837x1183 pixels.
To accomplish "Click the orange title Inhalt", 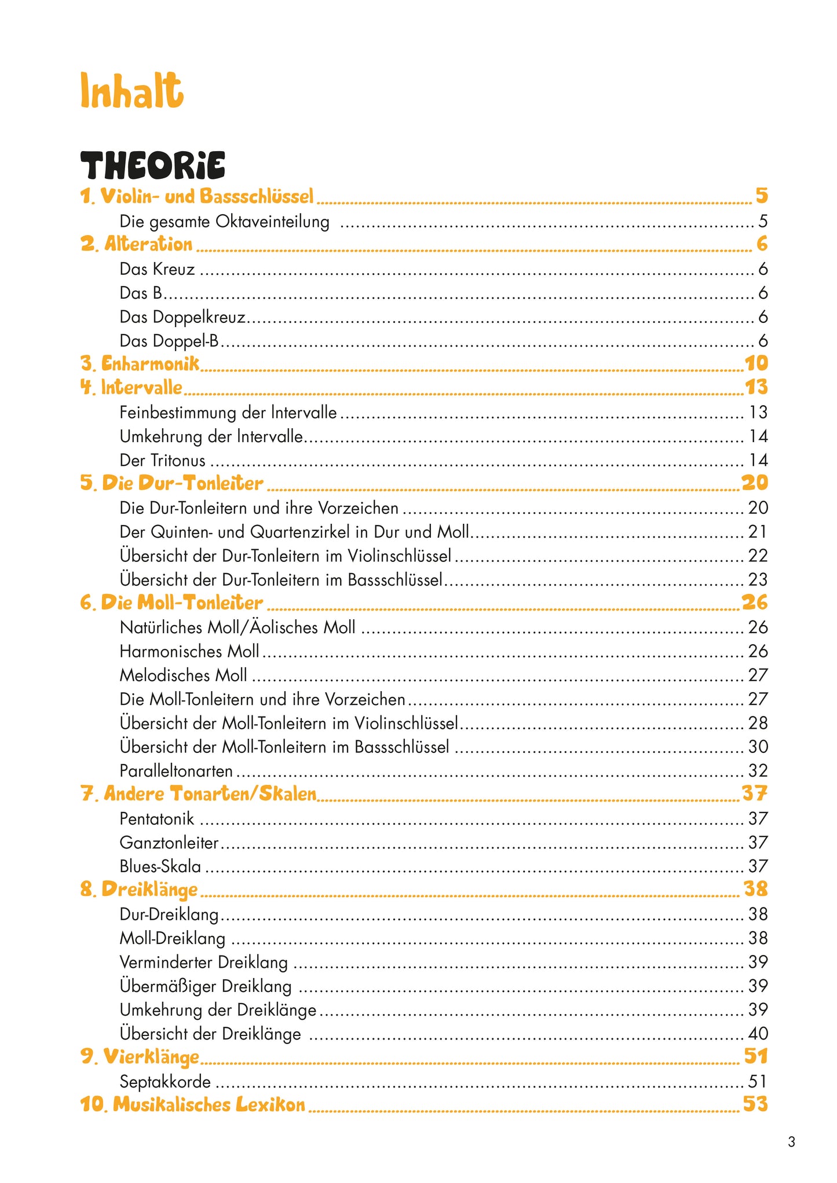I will tap(131, 91).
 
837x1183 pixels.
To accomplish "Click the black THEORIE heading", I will tap(152, 166).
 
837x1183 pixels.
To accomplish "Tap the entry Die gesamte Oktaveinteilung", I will tap(224, 222).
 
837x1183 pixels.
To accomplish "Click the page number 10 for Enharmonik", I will tap(756, 363).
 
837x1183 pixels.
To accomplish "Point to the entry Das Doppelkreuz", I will tap(182, 317).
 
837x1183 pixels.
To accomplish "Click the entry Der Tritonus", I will tap(162, 461).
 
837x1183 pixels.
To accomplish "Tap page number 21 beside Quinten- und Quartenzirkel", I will tap(757, 532).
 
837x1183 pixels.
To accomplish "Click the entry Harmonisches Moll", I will tap(189, 652).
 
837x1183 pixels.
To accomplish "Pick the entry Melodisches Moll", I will tap(183, 675).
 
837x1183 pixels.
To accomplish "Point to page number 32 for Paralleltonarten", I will tap(758, 771).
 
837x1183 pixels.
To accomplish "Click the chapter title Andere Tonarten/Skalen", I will tap(199, 794).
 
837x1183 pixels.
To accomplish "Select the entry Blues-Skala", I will tap(160, 866).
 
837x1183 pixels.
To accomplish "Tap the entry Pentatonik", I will tap(156, 819).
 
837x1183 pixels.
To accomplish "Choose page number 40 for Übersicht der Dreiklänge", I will tap(758, 1034).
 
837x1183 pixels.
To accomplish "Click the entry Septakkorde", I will tap(165, 1082).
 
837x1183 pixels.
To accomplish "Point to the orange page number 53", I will tap(755, 1104).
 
